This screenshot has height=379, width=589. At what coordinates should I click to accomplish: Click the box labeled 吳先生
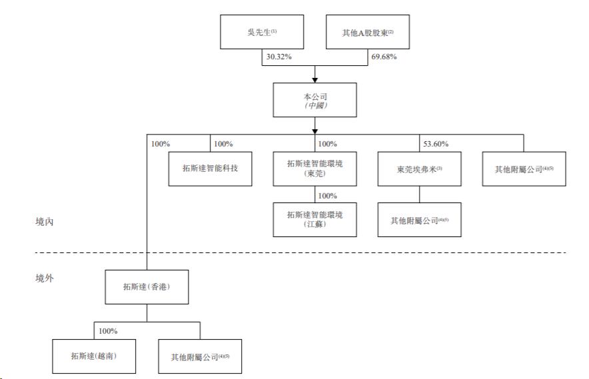coord(262,32)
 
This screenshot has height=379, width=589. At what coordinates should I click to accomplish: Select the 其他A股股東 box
coord(368,32)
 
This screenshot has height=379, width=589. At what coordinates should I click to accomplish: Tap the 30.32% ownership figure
coord(279,57)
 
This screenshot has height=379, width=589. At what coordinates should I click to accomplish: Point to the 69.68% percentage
coord(384,57)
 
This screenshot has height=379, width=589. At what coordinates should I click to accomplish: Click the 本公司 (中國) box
coord(314,100)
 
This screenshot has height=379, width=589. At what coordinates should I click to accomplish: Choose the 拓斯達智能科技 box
coord(211,169)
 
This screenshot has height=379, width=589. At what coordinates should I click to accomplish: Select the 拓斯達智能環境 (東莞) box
coord(314,169)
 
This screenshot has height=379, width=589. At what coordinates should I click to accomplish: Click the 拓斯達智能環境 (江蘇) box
coord(314,220)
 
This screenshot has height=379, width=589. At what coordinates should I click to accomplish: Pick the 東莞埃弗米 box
coord(420,169)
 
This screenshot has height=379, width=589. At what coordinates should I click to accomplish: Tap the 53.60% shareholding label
coord(436,144)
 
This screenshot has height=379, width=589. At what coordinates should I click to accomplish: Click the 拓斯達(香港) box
coord(147,287)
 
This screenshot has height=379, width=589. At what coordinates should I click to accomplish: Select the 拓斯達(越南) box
coord(94,356)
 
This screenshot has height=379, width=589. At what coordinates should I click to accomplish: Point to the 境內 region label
coord(45,222)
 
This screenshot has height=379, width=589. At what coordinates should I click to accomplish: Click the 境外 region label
coord(45,278)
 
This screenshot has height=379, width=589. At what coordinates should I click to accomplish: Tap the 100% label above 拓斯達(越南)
coord(108,331)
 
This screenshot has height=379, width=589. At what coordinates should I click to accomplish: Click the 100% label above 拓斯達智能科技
coord(223,144)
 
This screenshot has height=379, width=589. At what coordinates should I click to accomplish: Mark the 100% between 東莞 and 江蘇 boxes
coord(328,196)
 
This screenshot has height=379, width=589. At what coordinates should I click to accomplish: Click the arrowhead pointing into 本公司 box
coord(314,80)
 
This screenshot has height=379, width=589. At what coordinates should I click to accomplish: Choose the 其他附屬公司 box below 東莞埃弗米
coord(420,220)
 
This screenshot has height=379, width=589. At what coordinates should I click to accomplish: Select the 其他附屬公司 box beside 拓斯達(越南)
coord(200,356)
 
